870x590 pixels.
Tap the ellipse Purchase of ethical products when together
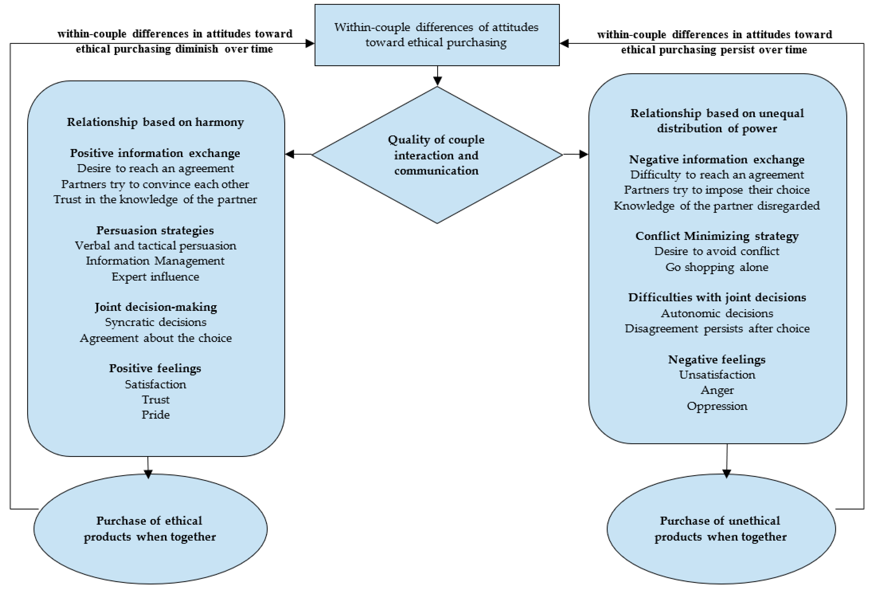point(150,528)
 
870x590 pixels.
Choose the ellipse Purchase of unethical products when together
point(721,528)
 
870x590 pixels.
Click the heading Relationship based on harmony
point(155,122)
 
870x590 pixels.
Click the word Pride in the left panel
point(155,415)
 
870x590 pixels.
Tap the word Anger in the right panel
point(717,390)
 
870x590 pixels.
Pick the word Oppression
point(717,406)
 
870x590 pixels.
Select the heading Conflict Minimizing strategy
point(717,236)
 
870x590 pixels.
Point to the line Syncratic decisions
point(155,322)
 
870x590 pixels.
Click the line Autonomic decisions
point(717,313)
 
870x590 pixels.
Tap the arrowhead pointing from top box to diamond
point(437,81)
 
